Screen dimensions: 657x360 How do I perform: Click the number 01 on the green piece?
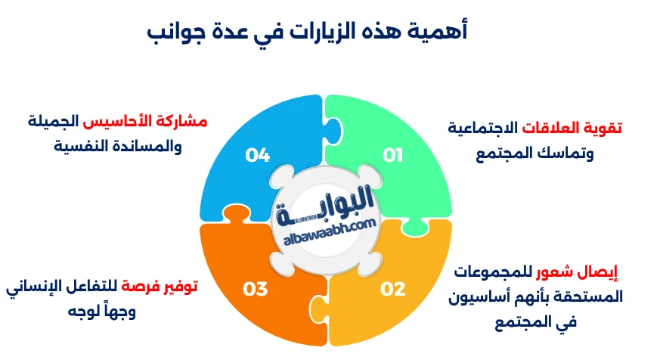click(x=392, y=156)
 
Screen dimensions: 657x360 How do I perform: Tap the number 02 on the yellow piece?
click(x=393, y=289)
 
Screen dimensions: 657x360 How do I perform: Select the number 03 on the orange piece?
click(x=256, y=289)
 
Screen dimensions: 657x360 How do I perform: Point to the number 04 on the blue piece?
click(x=257, y=156)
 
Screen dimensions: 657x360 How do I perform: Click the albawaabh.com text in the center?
click(x=330, y=233)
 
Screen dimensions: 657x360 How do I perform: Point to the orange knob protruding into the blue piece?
click(x=237, y=215)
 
